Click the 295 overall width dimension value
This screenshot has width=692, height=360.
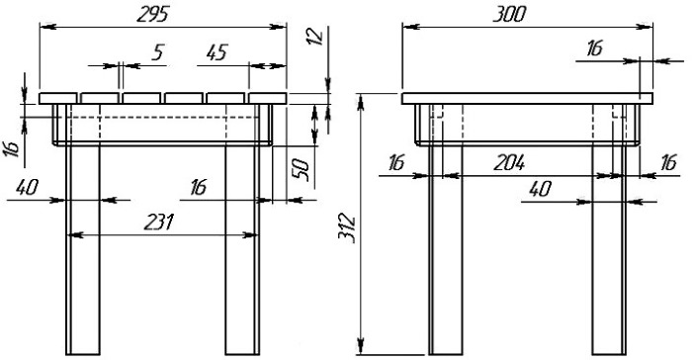[x=152, y=15]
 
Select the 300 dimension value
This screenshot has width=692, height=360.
[x=509, y=15]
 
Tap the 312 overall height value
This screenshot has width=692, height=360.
[x=346, y=226]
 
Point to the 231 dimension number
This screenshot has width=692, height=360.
[x=159, y=223]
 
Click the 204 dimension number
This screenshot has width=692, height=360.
[x=509, y=162]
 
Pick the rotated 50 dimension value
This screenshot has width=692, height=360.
[x=300, y=169]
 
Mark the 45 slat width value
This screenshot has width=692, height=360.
[x=217, y=52]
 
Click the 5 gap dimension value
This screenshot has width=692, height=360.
[x=157, y=52]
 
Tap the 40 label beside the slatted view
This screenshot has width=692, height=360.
[x=28, y=187]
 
